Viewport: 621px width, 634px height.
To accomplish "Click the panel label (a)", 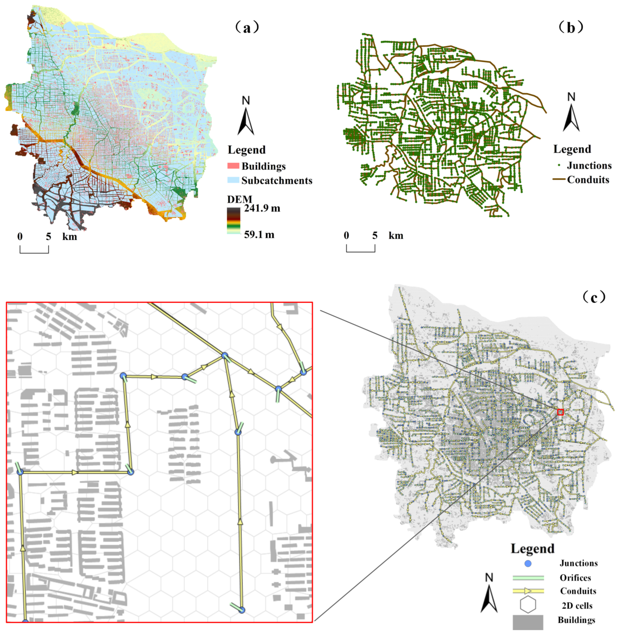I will click(247, 27).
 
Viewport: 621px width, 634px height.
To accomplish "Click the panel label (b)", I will click(570, 27).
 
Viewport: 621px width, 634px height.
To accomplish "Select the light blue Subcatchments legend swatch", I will click(233, 180).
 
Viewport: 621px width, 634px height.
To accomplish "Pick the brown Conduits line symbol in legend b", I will click(559, 179).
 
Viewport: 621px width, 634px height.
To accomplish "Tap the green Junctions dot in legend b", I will click(559, 165).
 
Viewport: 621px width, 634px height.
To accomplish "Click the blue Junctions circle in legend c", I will click(528, 563).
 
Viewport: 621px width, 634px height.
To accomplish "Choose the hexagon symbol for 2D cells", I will click(528, 605).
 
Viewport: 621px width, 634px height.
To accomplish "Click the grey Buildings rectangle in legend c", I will click(528, 622).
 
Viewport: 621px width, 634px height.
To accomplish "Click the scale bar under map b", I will click(360, 248).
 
